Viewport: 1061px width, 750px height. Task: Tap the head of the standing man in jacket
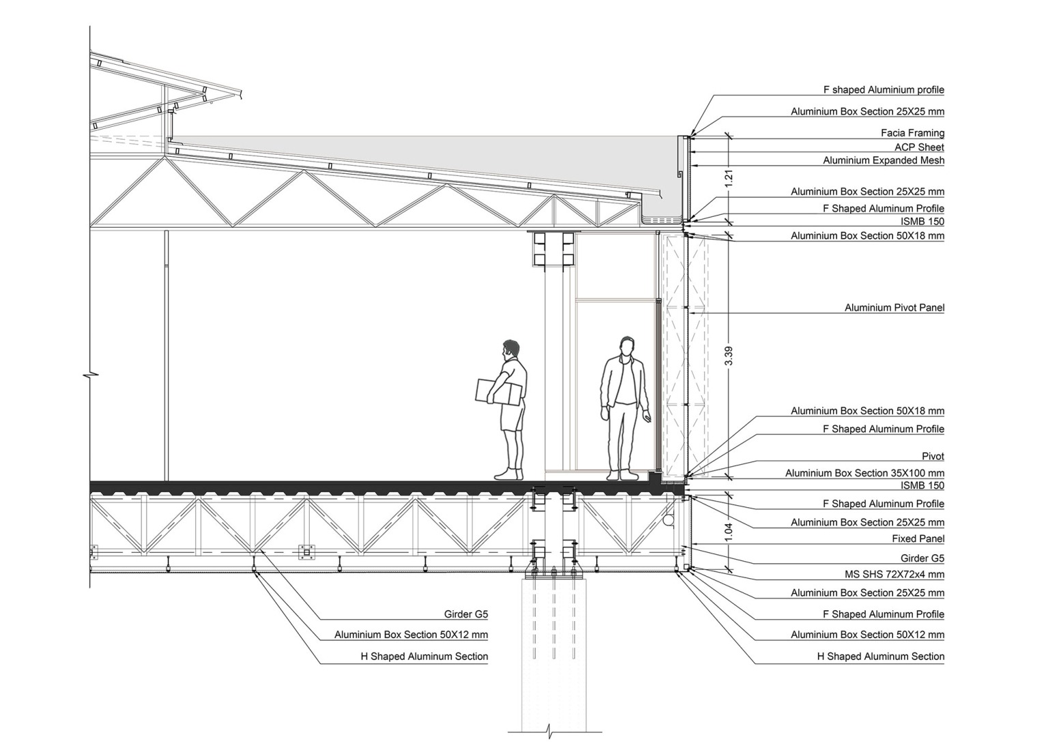(627, 346)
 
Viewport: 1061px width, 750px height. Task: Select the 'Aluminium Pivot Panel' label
(894, 307)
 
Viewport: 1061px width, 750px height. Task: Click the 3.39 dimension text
(729, 356)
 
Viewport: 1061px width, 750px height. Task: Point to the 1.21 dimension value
(729, 179)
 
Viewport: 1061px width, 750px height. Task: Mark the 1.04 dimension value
(729, 531)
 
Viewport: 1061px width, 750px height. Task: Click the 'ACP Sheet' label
(919, 147)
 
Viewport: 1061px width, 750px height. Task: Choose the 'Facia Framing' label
(912, 133)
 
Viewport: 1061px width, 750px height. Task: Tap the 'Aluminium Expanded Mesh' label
(884, 161)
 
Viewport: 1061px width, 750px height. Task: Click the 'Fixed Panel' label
(918, 539)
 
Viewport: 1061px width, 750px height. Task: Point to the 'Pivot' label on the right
(933, 456)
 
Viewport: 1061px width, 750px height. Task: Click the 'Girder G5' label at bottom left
(465, 614)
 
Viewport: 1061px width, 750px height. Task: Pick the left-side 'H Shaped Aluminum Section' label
(424, 657)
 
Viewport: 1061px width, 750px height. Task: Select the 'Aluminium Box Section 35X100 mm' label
(864, 473)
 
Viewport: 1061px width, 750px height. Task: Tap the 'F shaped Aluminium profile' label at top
(884, 90)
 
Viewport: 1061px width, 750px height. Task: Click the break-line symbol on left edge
(90, 374)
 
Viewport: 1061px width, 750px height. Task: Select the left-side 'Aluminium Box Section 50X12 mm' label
(411, 635)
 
